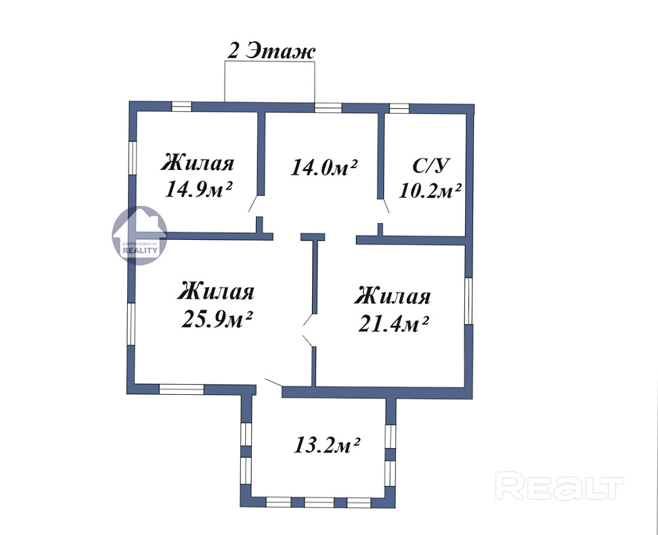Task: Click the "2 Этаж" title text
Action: tap(271, 51)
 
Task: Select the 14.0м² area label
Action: tap(324, 167)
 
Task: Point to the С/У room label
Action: tap(431, 165)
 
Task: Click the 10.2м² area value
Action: tap(430, 191)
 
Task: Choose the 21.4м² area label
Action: tap(393, 323)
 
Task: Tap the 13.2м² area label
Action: tap(328, 445)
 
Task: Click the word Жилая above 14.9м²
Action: tap(197, 163)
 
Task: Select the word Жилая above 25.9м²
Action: tap(216, 291)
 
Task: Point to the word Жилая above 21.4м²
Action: tap(393, 296)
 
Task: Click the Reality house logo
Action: tap(139, 235)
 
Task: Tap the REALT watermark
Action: tap(559, 486)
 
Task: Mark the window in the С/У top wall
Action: tap(399, 108)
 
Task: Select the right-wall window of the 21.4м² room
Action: tap(468, 301)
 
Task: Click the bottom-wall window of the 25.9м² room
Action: tap(181, 389)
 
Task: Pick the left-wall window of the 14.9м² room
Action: tap(132, 158)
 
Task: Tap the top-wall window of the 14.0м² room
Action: tap(328, 108)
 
